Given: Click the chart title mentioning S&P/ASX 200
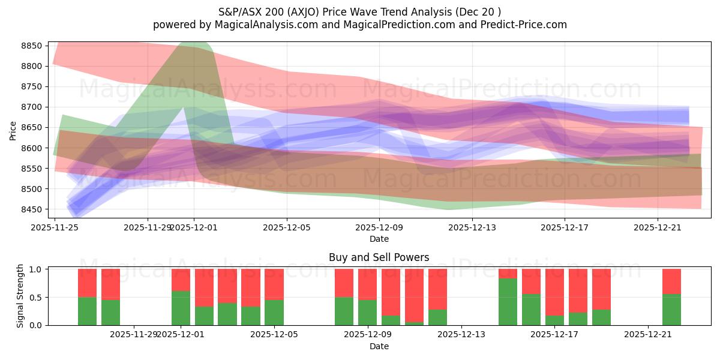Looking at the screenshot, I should point(359,11).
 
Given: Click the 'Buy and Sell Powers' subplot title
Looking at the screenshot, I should point(379,257).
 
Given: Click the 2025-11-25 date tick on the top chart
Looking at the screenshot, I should point(55,227).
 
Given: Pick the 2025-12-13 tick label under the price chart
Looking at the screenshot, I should point(472,227).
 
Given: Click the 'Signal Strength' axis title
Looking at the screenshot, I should point(20,295).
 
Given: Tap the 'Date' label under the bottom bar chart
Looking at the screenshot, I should point(379,346).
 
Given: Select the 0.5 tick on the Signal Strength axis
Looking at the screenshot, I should point(35,297).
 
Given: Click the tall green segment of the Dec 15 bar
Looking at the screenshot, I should point(508,302).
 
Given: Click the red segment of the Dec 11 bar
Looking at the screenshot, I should point(414,294).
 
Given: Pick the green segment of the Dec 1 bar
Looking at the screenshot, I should point(181,308).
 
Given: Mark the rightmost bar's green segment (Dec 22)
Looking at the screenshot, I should point(671,310).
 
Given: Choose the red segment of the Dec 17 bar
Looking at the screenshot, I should point(554,292).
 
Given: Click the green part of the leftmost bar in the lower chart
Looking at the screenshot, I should point(87,311).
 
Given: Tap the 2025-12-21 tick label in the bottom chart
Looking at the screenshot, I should point(648,334).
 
